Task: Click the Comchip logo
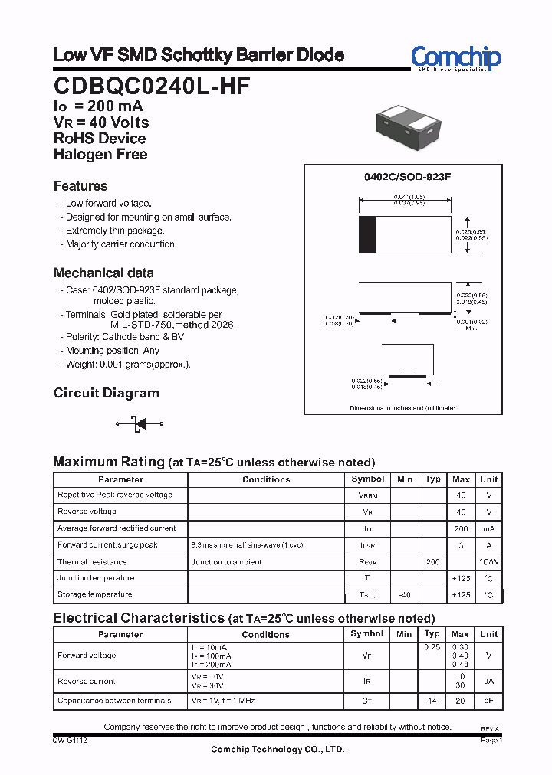coord(455,58)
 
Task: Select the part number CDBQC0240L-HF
coord(151,86)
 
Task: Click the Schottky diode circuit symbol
coord(140,423)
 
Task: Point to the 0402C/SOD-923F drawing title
coord(407,177)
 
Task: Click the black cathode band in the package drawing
coord(368,234)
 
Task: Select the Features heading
coord(80,186)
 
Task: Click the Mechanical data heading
coord(103,273)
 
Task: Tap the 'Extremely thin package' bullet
coord(114,231)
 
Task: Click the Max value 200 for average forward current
coord(461,528)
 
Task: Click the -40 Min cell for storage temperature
coord(404,595)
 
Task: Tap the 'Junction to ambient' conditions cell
coord(226,562)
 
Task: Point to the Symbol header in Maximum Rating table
coord(367,479)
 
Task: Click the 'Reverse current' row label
coord(86,682)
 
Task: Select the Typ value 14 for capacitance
coord(432,701)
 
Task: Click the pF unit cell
coord(488,701)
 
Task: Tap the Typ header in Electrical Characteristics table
coord(432,634)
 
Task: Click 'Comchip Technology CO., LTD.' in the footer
coord(278,750)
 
